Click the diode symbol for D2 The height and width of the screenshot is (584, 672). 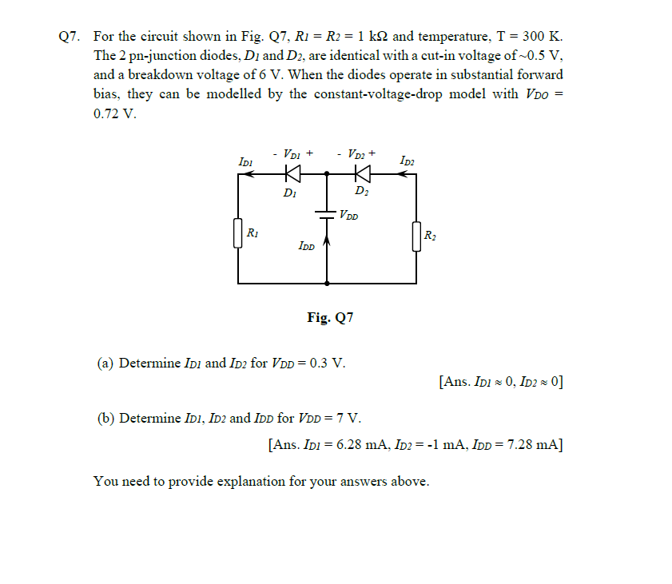click(x=363, y=173)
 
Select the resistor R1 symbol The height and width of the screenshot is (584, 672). click(x=238, y=234)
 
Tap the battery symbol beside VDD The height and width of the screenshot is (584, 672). click(x=326, y=214)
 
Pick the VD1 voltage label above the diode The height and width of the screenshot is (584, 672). click(x=292, y=153)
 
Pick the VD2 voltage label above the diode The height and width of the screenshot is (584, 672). click(x=357, y=153)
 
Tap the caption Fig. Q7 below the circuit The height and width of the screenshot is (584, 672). click(x=330, y=317)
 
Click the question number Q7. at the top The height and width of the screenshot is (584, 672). click(x=71, y=37)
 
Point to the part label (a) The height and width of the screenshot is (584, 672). click(x=105, y=363)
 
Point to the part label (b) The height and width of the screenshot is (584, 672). click(x=105, y=417)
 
